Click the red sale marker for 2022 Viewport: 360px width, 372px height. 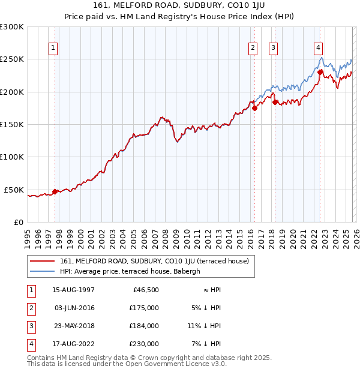click(x=320, y=72)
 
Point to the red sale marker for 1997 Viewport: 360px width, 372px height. click(x=55, y=191)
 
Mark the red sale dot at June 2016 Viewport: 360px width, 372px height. click(x=254, y=108)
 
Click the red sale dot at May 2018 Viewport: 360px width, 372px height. click(x=275, y=102)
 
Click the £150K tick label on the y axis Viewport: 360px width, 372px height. click(x=12, y=124)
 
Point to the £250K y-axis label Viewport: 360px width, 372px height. click(x=12, y=59)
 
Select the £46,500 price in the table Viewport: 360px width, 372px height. click(x=145, y=290)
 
